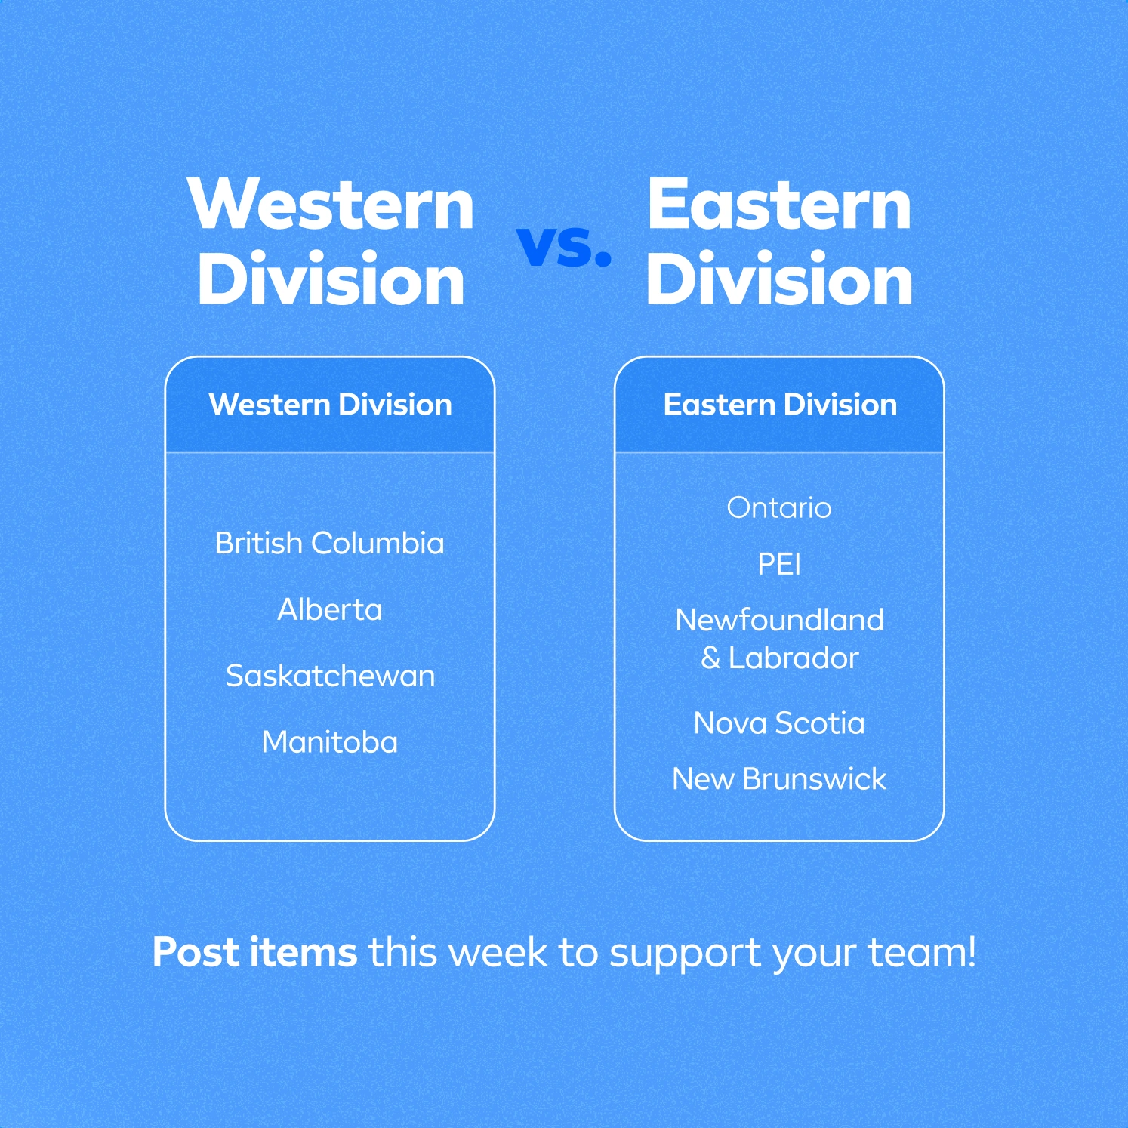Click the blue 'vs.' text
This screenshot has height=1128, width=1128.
click(564, 246)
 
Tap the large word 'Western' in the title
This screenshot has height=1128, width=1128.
click(331, 205)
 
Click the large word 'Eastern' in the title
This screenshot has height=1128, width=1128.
click(779, 205)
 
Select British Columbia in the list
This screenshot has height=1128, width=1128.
click(330, 543)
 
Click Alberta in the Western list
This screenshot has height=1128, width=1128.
click(330, 609)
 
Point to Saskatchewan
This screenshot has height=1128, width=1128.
click(330, 676)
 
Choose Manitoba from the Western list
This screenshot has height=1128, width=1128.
click(330, 742)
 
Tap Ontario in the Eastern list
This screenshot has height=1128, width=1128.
click(779, 507)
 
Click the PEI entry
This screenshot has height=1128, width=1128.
click(779, 564)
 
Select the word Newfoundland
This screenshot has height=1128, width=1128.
click(779, 620)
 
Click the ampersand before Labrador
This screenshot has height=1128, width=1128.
click(710, 658)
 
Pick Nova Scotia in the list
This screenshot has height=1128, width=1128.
click(779, 723)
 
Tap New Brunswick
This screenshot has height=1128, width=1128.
click(779, 779)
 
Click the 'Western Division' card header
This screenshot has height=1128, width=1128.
click(330, 405)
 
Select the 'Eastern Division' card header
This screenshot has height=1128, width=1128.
click(780, 405)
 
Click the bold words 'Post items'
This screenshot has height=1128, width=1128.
click(254, 952)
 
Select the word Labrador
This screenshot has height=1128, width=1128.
click(794, 658)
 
